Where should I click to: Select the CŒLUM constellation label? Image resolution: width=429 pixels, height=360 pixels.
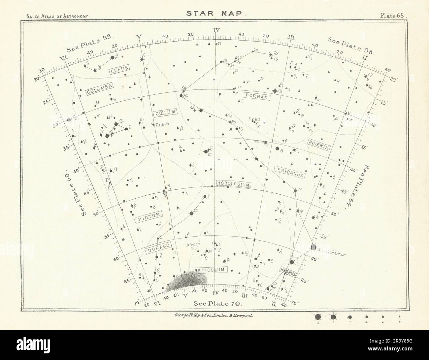pyautogui.click(x=165, y=113)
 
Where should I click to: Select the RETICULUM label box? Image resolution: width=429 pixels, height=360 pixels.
pyautogui.click(x=209, y=270)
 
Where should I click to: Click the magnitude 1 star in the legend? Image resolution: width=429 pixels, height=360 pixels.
pyautogui.click(x=318, y=317)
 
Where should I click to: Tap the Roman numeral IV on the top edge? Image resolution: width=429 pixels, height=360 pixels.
pyautogui.click(x=216, y=31)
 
